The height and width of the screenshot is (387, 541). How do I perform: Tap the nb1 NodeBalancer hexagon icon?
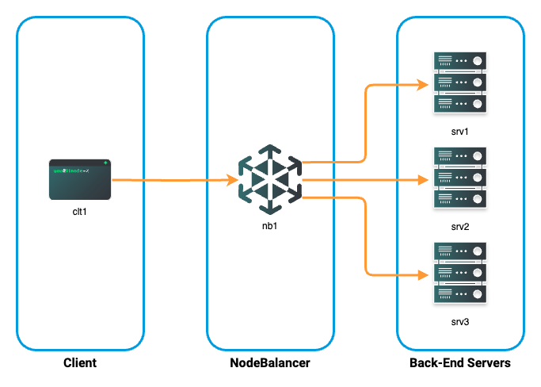tap(270, 179)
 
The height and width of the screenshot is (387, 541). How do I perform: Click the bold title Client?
tap(80, 363)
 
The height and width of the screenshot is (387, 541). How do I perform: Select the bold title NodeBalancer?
tap(270, 363)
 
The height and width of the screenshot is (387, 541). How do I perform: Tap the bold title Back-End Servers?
tap(460, 363)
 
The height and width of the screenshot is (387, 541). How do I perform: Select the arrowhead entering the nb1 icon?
tap(234, 180)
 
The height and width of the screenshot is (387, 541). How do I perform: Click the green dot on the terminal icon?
tap(105, 163)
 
